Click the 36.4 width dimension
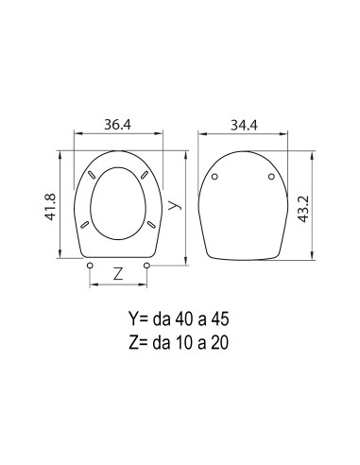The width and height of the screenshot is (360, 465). [x=117, y=125]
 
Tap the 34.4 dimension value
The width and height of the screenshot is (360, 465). [x=244, y=125]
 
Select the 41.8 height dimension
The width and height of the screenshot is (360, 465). [x=50, y=207]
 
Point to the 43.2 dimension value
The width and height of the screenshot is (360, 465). [x=304, y=209]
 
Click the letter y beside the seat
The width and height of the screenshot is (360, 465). [x=175, y=205]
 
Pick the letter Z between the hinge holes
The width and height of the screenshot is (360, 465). [x=118, y=274]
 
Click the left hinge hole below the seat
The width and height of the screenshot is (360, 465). [x=90, y=266]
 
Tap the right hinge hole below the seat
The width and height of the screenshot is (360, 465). [x=146, y=266]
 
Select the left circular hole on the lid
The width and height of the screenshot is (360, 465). [x=214, y=177]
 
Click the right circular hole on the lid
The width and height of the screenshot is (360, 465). [x=271, y=177]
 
